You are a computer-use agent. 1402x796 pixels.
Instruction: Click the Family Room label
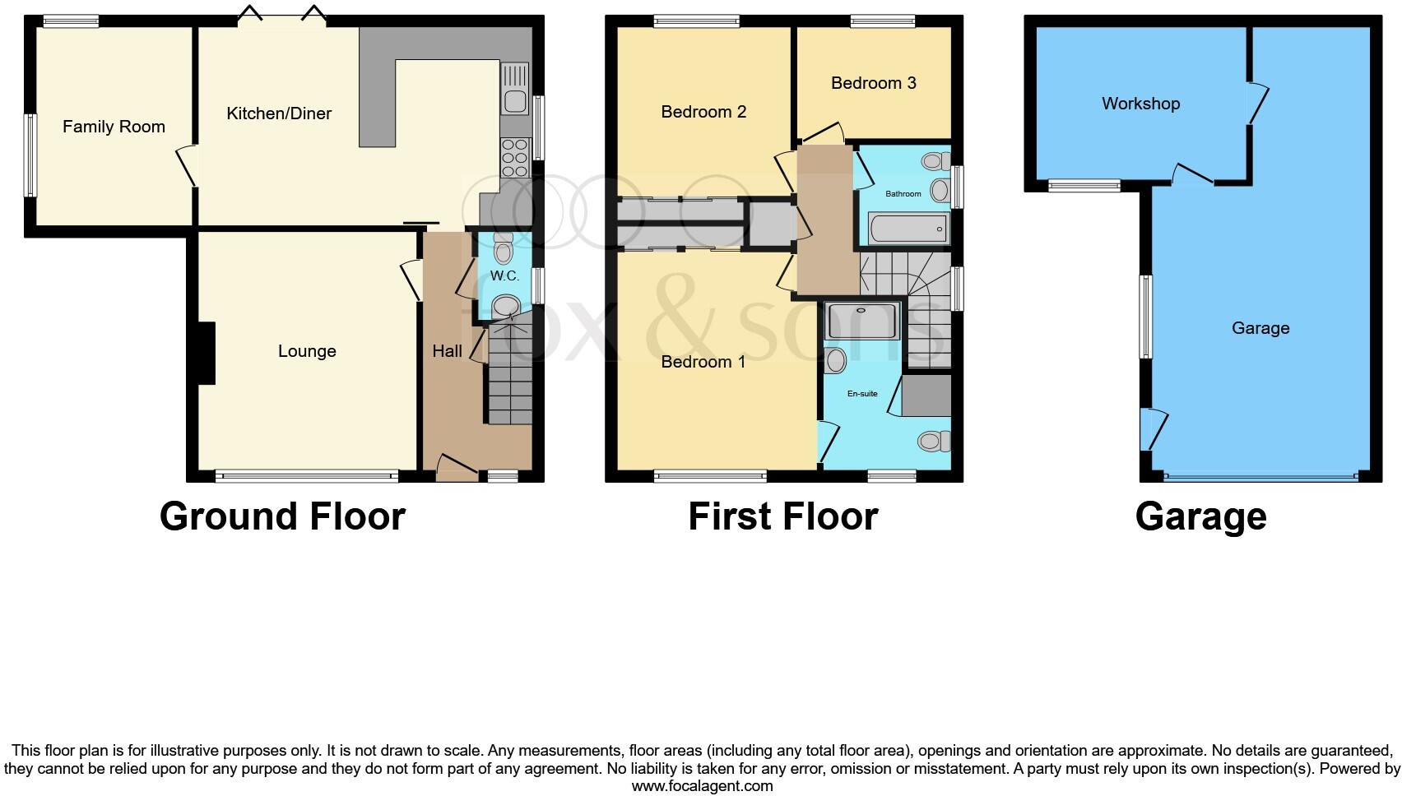pos(114,127)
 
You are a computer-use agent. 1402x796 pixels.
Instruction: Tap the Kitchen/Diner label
pos(279,113)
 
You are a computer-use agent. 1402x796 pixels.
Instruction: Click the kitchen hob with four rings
pos(514,158)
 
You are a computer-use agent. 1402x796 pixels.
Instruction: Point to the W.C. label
pos(504,275)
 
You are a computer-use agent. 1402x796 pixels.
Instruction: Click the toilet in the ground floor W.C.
pos(503,248)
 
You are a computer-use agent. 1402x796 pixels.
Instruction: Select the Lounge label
pos(307,351)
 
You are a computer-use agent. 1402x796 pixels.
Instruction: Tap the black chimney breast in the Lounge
pos(206,353)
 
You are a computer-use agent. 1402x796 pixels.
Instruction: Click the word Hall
pos(447,351)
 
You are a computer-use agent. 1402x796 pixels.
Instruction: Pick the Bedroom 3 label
pos(873,83)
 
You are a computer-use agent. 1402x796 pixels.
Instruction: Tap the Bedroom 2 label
pos(703,112)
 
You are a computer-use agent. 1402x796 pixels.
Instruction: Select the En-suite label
pos(862,394)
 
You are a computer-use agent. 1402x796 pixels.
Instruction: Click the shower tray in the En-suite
pos(862,321)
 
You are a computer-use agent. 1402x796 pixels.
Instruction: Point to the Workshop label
pos(1140,104)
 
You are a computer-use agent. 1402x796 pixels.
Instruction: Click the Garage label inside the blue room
pos(1260,328)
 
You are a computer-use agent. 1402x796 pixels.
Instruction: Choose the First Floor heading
pos(782,516)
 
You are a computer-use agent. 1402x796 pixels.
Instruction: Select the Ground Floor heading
pos(282,516)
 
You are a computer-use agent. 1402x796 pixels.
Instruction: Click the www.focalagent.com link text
pos(702,786)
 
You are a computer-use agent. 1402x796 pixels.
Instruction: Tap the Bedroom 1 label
pos(703,362)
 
